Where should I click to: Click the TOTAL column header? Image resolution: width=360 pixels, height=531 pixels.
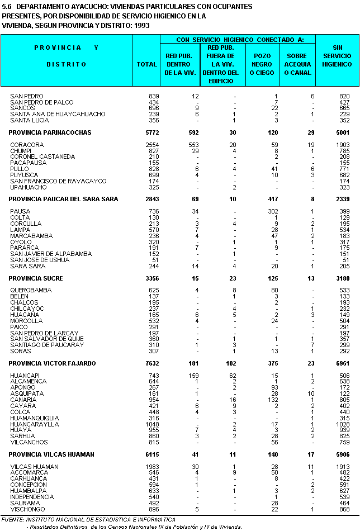pos(147,64)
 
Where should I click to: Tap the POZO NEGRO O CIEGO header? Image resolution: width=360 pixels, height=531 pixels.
pos(262,64)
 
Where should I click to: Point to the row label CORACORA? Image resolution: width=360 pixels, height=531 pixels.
pos(27,145)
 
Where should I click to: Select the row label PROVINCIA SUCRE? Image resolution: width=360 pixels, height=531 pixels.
pos(35,278)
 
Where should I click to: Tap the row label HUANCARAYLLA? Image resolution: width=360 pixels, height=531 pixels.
pos(35,424)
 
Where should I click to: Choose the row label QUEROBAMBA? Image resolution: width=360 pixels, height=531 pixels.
pos(30,291)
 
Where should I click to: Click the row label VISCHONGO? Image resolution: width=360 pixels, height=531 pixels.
pos(28,509)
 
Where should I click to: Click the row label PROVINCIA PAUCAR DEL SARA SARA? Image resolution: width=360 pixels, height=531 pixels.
pos(63,199)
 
